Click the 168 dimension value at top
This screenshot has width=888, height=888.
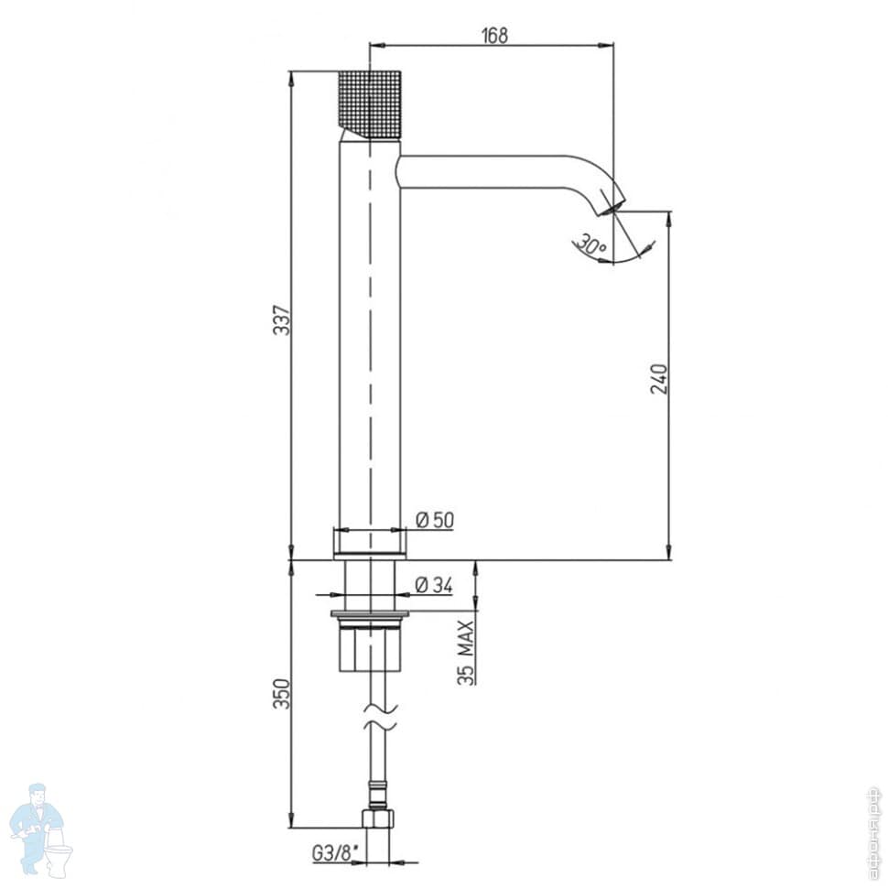(x=492, y=35)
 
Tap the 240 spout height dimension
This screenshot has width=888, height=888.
(x=659, y=378)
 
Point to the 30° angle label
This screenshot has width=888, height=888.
(x=589, y=244)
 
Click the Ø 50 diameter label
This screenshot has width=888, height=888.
(x=434, y=520)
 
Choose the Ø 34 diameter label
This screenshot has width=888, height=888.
(x=433, y=585)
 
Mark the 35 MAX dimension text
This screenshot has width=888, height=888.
(x=466, y=651)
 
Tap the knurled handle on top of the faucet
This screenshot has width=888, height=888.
(x=370, y=103)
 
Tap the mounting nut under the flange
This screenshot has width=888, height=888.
(x=371, y=648)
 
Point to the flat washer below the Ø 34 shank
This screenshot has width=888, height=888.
(x=371, y=612)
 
